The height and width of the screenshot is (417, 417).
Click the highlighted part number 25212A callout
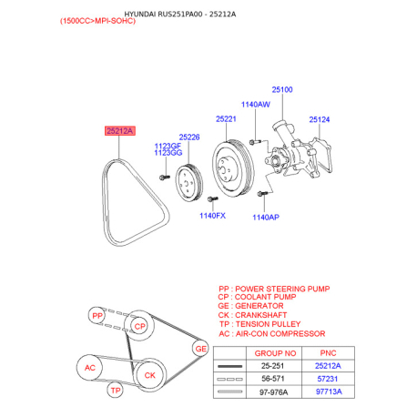click(x=120, y=131)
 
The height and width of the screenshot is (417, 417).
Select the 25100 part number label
click(x=282, y=89)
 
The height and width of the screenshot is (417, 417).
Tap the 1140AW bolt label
click(x=255, y=105)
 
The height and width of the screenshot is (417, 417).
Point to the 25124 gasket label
click(x=320, y=119)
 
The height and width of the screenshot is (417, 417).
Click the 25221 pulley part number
click(x=226, y=119)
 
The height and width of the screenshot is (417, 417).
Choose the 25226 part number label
click(x=189, y=137)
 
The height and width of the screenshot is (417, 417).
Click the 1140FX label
click(x=212, y=216)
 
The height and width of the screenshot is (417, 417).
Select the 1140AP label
click(x=266, y=218)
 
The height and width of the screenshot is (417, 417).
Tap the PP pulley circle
click(x=97, y=316)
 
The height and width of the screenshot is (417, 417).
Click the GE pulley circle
click(x=200, y=349)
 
